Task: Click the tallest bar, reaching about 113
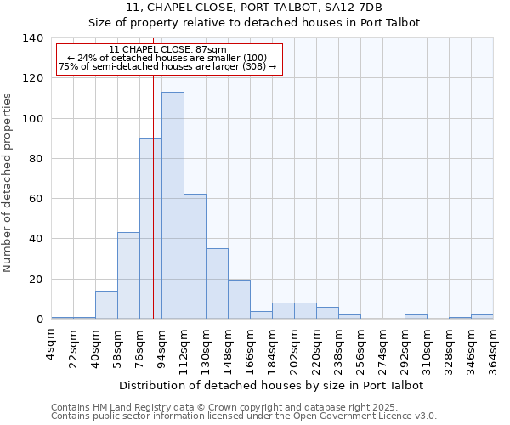click(173, 206)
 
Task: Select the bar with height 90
click(150, 229)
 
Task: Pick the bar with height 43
click(128, 275)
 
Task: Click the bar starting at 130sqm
click(217, 284)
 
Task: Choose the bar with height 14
click(106, 305)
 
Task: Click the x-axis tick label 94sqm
click(162, 348)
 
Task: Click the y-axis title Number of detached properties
click(8, 183)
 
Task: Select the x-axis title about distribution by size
click(271, 385)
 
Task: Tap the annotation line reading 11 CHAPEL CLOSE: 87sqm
click(168, 50)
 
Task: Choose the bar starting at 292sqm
click(416, 317)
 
